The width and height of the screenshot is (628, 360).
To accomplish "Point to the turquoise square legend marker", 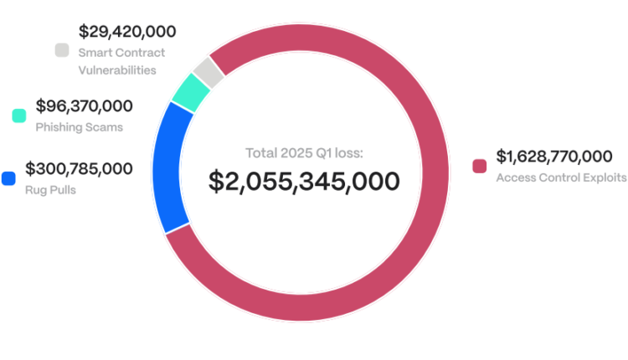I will [x=19, y=116].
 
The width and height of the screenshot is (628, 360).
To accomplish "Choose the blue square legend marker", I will [x=9, y=177].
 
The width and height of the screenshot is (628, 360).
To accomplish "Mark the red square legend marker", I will [x=480, y=166].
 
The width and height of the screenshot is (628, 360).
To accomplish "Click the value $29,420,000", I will [x=127, y=32].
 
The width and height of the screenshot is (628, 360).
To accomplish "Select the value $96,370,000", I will [x=84, y=106].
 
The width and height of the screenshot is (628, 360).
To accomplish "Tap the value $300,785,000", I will [x=79, y=168].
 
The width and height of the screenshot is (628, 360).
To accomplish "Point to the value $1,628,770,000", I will [x=554, y=157].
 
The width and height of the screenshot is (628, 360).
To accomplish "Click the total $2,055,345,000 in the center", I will [x=304, y=180].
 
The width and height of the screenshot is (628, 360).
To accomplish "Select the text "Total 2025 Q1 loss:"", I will [x=303, y=152].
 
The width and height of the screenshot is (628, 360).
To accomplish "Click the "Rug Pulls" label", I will [x=50, y=189].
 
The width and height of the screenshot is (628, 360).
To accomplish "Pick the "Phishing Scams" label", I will [x=79, y=127].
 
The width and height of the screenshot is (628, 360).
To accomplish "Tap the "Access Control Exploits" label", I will [x=561, y=177].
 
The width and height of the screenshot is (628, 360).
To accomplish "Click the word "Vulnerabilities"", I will [x=117, y=70].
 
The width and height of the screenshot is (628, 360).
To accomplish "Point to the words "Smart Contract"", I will [x=121, y=53].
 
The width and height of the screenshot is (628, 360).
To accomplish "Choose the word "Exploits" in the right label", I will [x=605, y=177].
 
